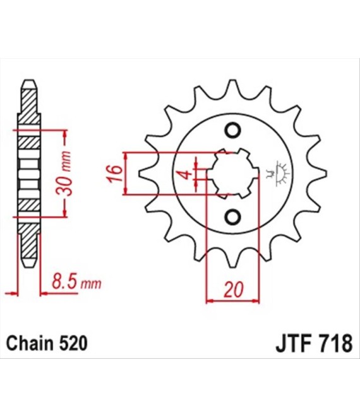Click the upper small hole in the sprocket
[x=234, y=130]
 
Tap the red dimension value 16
[x=115, y=173]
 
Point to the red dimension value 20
[x=234, y=289]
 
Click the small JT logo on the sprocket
[x=279, y=173]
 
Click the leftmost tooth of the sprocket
[x=146, y=173]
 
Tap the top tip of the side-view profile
[x=29, y=80]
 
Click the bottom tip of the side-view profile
[x=29, y=266]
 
